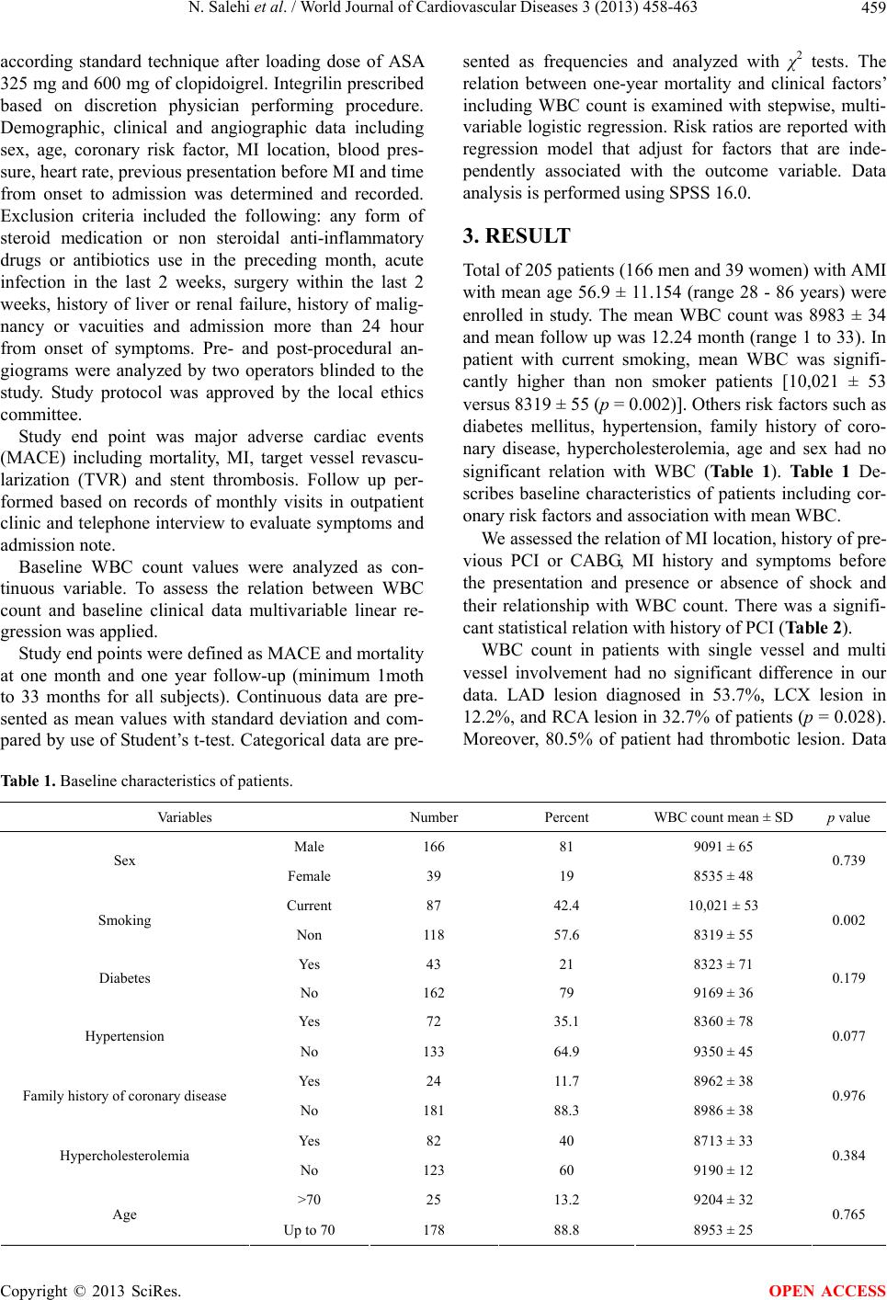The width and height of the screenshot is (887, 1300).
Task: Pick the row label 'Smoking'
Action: [x=125, y=920]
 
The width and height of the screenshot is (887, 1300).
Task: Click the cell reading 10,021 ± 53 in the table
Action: [x=723, y=906]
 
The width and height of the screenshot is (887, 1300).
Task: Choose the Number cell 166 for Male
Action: [x=434, y=847]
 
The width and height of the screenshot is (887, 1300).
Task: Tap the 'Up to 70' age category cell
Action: [x=309, y=1229]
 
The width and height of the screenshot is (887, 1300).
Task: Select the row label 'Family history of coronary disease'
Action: [x=125, y=1096]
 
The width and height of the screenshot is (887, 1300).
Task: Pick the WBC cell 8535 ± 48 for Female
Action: [x=723, y=876]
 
